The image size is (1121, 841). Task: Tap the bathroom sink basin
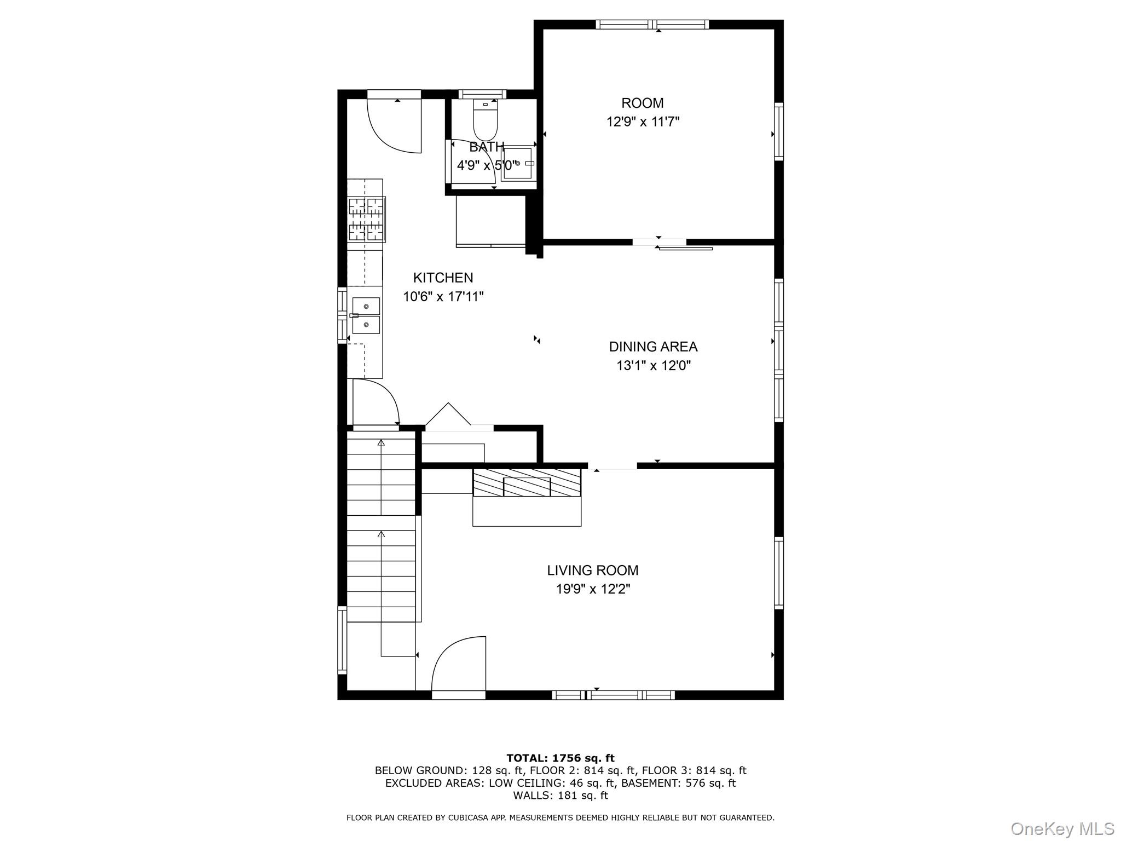coord(517,163)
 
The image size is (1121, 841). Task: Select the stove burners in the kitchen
coord(367,220)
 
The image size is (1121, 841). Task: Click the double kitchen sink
coord(366,316)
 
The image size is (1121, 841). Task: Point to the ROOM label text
coord(642,103)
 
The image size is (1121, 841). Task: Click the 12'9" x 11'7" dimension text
coord(643,122)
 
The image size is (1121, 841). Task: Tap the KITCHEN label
coord(443,278)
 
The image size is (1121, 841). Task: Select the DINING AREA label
coord(653,347)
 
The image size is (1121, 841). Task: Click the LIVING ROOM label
coord(592,571)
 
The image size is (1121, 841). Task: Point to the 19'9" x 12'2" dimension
coord(592,589)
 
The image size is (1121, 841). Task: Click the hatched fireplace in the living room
coord(527,482)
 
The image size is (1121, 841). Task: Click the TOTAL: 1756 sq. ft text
coord(560,758)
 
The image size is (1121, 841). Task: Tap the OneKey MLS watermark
coord(1062,828)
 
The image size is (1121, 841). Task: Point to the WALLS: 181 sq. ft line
coord(560,796)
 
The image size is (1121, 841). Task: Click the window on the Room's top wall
coord(652,24)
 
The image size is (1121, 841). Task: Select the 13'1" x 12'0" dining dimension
coord(653,366)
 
